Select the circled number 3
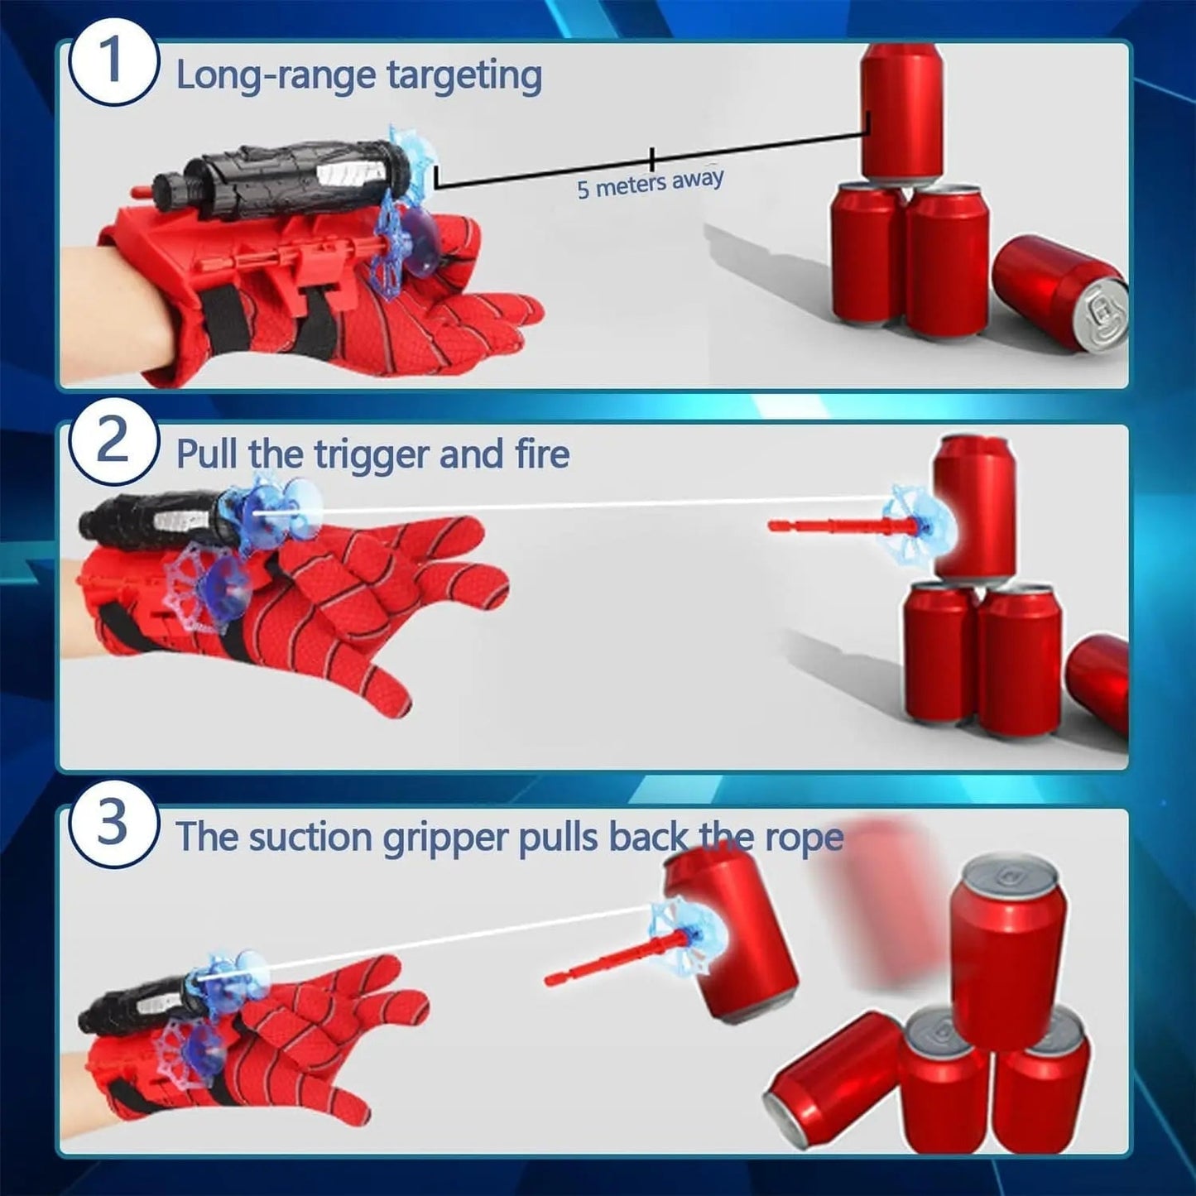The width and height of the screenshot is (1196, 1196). (113, 823)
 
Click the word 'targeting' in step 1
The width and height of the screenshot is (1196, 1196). (464, 76)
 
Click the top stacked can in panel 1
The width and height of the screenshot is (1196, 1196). (901, 109)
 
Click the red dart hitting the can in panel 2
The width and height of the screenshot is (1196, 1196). (836, 525)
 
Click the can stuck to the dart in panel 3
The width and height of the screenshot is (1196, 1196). (732, 939)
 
